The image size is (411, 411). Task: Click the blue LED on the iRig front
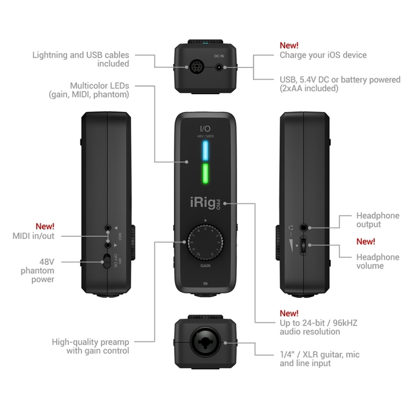pos(205,151)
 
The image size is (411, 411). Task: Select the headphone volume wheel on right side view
pos(304,247)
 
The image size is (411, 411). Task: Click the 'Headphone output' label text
pos(377,220)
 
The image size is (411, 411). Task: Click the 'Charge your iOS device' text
pos(323,55)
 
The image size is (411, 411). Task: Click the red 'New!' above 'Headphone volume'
pos(365,242)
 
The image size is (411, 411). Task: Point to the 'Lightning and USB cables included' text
pos(80,59)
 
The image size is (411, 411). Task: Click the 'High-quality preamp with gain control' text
pos(90,346)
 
